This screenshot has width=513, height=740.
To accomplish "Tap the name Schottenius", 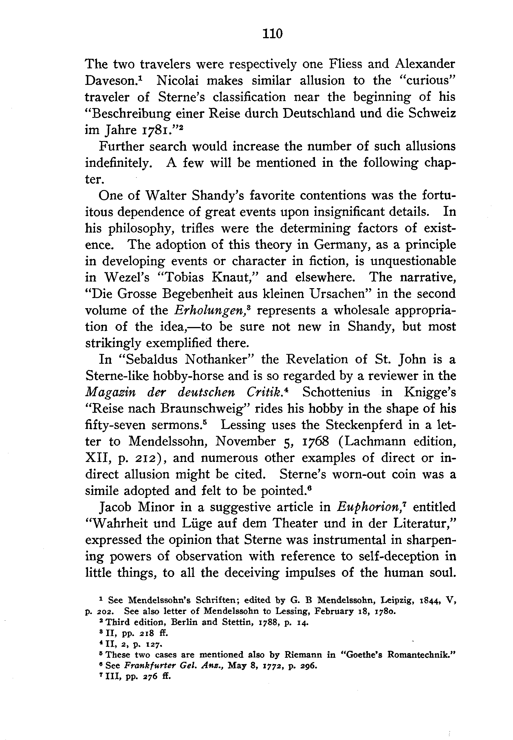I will [x=336, y=392].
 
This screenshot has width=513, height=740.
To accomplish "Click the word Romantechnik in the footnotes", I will [x=420, y=655].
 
